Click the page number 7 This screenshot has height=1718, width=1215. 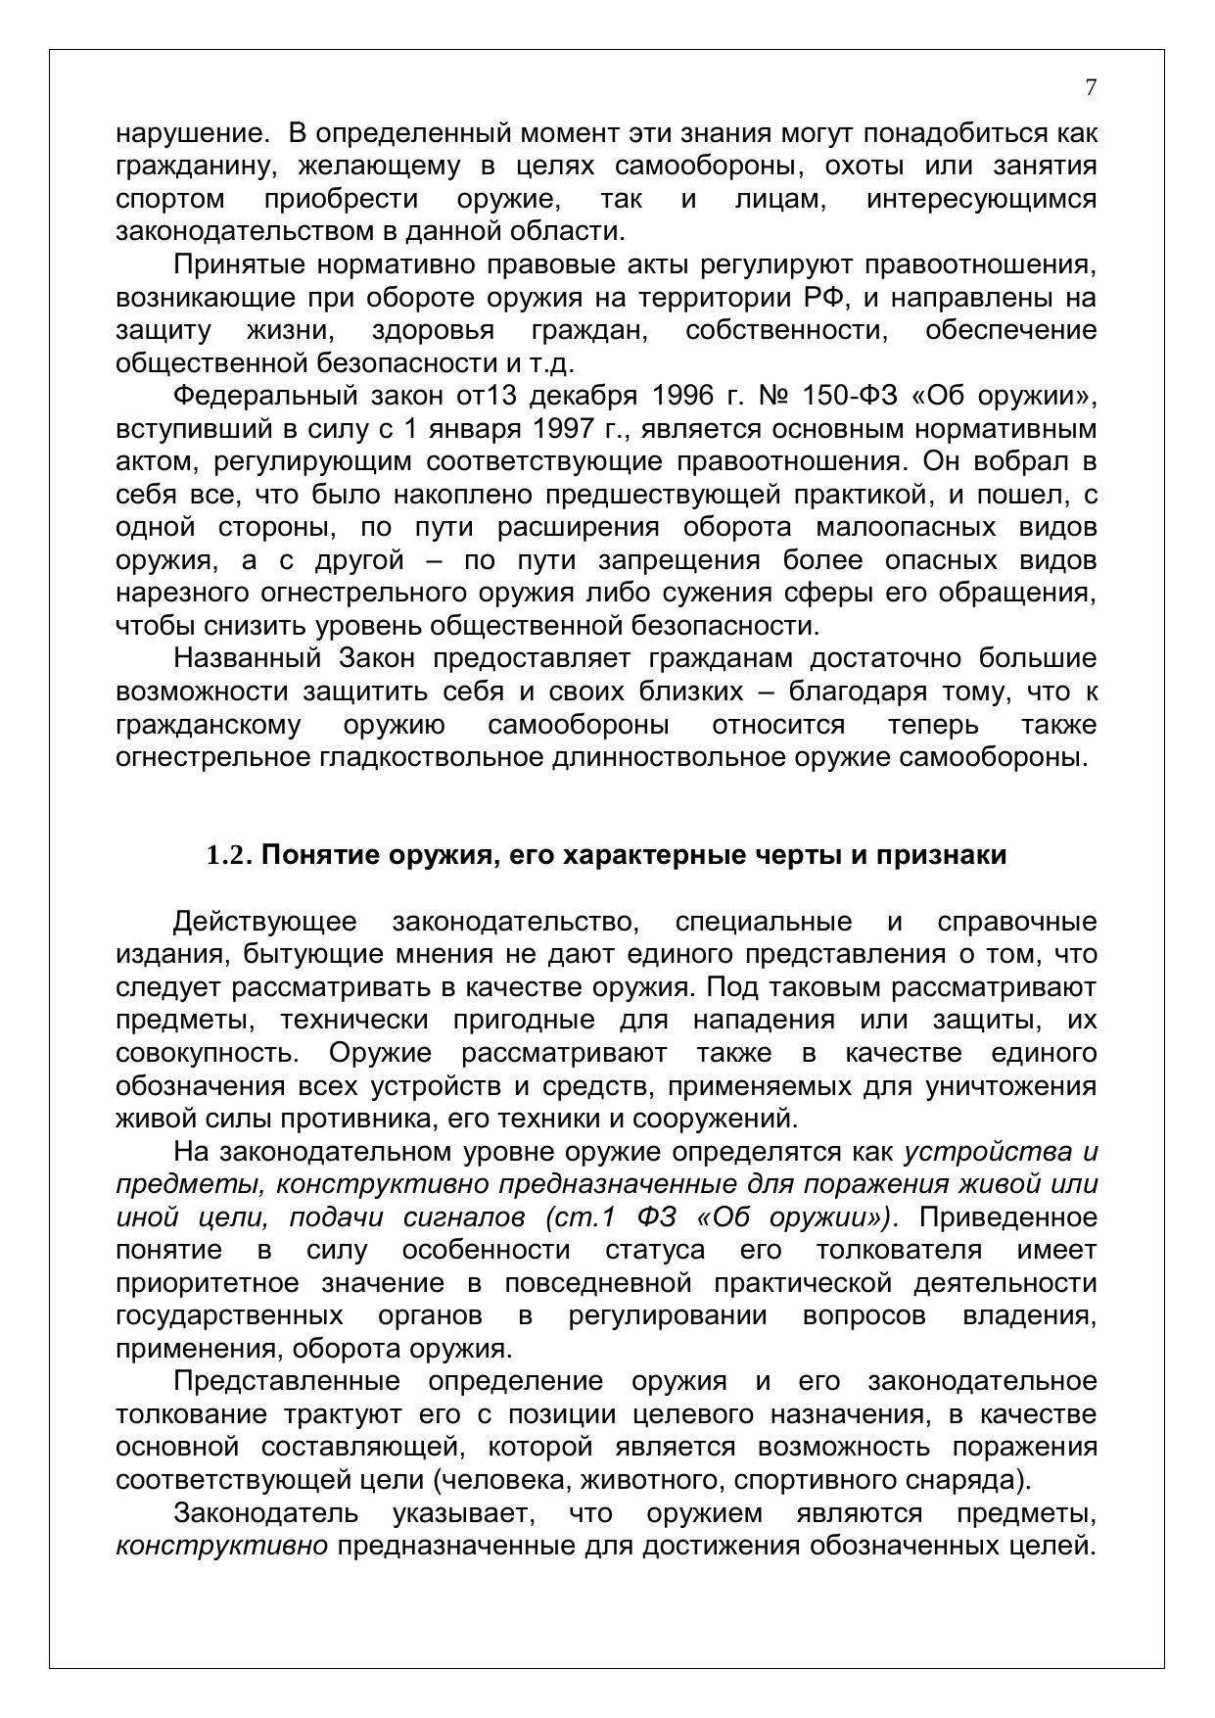(1091, 87)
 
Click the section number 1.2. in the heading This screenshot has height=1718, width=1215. (230, 855)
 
